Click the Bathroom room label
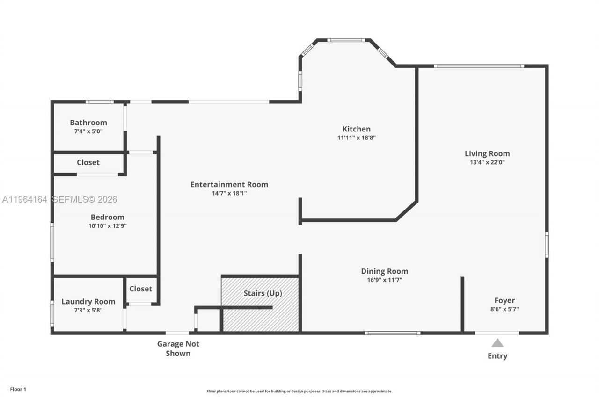pyautogui.click(x=88, y=123)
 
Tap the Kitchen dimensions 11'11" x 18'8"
pyautogui.click(x=357, y=138)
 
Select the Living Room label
pyautogui.click(x=487, y=153)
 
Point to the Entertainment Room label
pyautogui.click(x=229, y=184)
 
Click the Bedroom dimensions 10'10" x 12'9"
pyautogui.click(x=108, y=225)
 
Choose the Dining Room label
pyautogui.click(x=384, y=271)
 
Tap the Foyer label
pyautogui.click(x=504, y=301)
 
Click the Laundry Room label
pyautogui.click(x=88, y=302)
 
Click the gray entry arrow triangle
pyautogui.click(x=497, y=343)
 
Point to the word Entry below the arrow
pyautogui.click(x=497, y=356)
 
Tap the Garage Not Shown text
pyautogui.click(x=178, y=348)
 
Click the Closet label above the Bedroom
pyautogui.click(x=88, y=162)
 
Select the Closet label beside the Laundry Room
pyautogui.click(x=140, y=289)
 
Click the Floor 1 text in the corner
pyautogui.click(x=18, y=389)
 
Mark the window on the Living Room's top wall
pyautogui.click(x=479, y=66)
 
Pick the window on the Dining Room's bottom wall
pyautogui.click(x=392, y=333)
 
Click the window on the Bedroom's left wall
pyautogui.click(x=52, y=242)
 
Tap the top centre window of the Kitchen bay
pyautogui.click(x=346, y=40)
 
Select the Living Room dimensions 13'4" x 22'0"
pyautogui.click(x=487, y=163)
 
